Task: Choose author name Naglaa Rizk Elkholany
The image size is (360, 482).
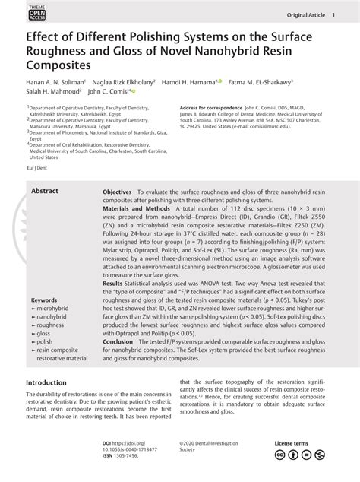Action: click(122, 81)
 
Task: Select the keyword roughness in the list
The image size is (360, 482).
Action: click(50, 325)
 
